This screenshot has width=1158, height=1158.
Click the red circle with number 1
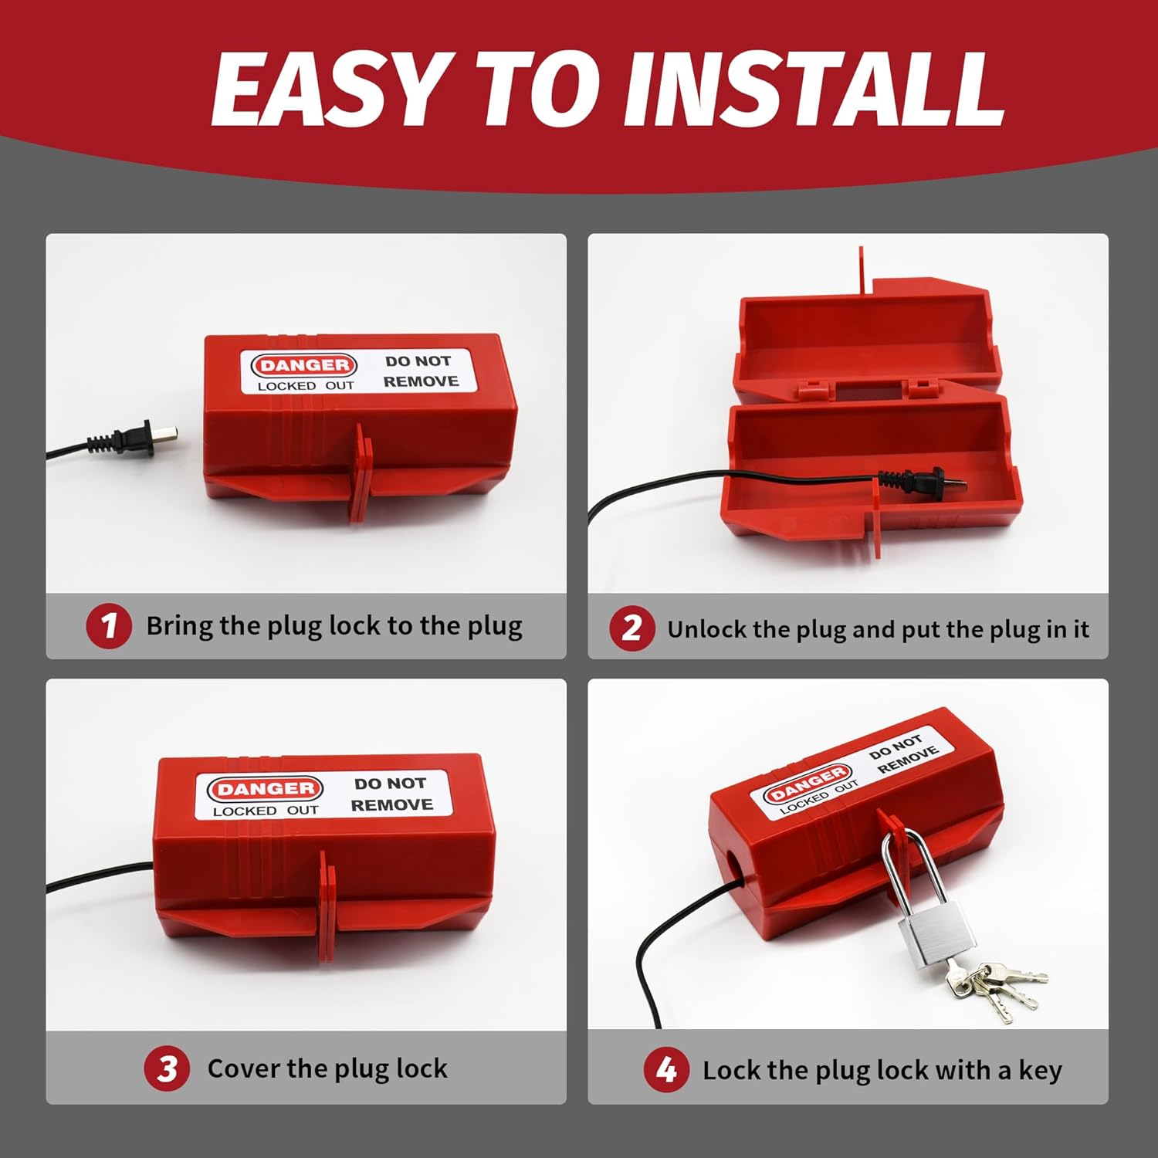109,626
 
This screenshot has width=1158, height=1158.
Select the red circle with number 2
631,628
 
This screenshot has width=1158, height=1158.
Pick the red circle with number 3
167,1069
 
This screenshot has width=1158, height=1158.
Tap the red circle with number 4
666,1070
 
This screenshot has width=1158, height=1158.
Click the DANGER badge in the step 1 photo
303,365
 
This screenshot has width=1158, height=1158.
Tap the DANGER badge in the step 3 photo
264,789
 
